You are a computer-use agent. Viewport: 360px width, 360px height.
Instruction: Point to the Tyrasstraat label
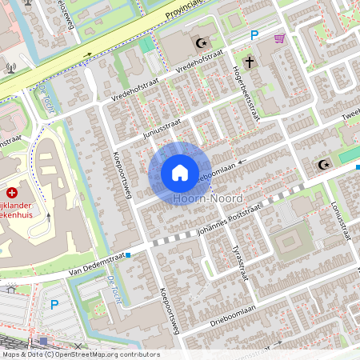(238, 261)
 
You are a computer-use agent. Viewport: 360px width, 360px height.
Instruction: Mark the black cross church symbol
(250, 61)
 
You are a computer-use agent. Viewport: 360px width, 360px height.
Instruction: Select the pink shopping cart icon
(279, 38)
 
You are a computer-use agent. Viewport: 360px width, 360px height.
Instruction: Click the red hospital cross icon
(12, 193)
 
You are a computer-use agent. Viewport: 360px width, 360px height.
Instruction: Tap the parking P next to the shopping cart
(254, 35)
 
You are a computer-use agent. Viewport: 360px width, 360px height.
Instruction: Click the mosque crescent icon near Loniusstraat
(324, 165)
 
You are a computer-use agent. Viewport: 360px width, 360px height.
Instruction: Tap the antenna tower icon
(10, 69)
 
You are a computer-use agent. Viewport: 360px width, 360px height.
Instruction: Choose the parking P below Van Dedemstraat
(54, 304)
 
